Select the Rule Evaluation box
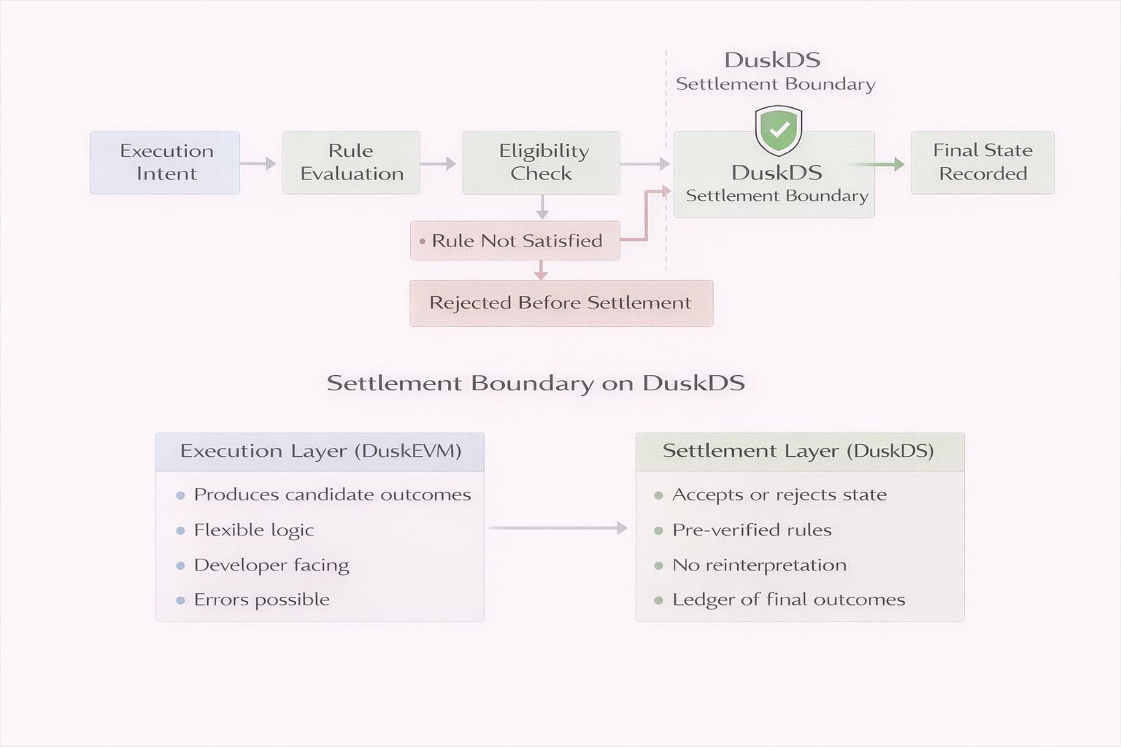pyautogui.click(x=351, y=163)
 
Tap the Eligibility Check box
pyautogui.click(x=541, y=163)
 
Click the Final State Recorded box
pyautogui.click(x=982, y=163)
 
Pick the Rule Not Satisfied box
pyautogui.click(x=515, y=241)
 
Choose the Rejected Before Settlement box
pyautogui.click(x=560, y=303)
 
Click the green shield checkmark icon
pyautogui.click(x=779, y=130)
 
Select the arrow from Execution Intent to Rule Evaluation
pyautogui.click(x=258, y=163)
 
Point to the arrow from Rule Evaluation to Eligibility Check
pyautogui.click(x=438, y=163)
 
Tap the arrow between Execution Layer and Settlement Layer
pyautogui.click(x=558, y=527)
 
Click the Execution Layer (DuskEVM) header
pyautogui.click(x=320, y=452)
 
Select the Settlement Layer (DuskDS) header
pyautogui.click(x=799, y=452)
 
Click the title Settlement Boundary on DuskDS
pyautogui.click(x=536, y=383)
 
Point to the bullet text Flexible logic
pyautogui.click(x=254, y=530)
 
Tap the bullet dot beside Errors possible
pyautogui.click(x=180, y=600)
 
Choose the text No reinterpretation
pyautogui.click(x=759, y=565)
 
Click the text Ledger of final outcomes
pyautogui.click(x=788, y=600)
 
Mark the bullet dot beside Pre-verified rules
pyautogui.click(x=658, y=530)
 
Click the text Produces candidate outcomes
pyautogui.click(x=332, y=495)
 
